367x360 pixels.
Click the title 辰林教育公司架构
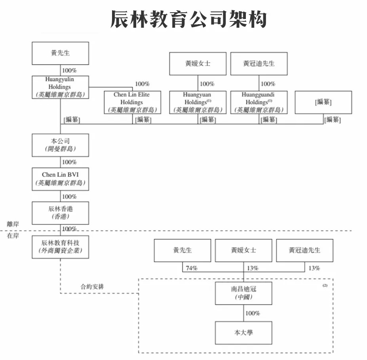188,19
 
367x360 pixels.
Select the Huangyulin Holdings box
60,87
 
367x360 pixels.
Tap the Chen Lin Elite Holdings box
132,103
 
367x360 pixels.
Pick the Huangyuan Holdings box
198,103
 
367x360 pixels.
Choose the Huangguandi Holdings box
259,103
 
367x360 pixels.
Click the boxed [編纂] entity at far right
323,103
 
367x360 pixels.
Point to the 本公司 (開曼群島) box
60,145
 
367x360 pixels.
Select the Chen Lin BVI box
60,179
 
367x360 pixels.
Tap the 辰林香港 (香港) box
60,213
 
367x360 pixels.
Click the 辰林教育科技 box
60,247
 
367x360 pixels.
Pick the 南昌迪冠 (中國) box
243,293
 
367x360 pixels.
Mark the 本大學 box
243,333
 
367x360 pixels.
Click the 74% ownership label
191,268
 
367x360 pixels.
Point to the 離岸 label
13,224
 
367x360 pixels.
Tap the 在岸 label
13,236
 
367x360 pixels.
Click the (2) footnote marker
325,285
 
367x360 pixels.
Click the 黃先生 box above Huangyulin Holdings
60,53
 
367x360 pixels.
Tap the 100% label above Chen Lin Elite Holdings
142,84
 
